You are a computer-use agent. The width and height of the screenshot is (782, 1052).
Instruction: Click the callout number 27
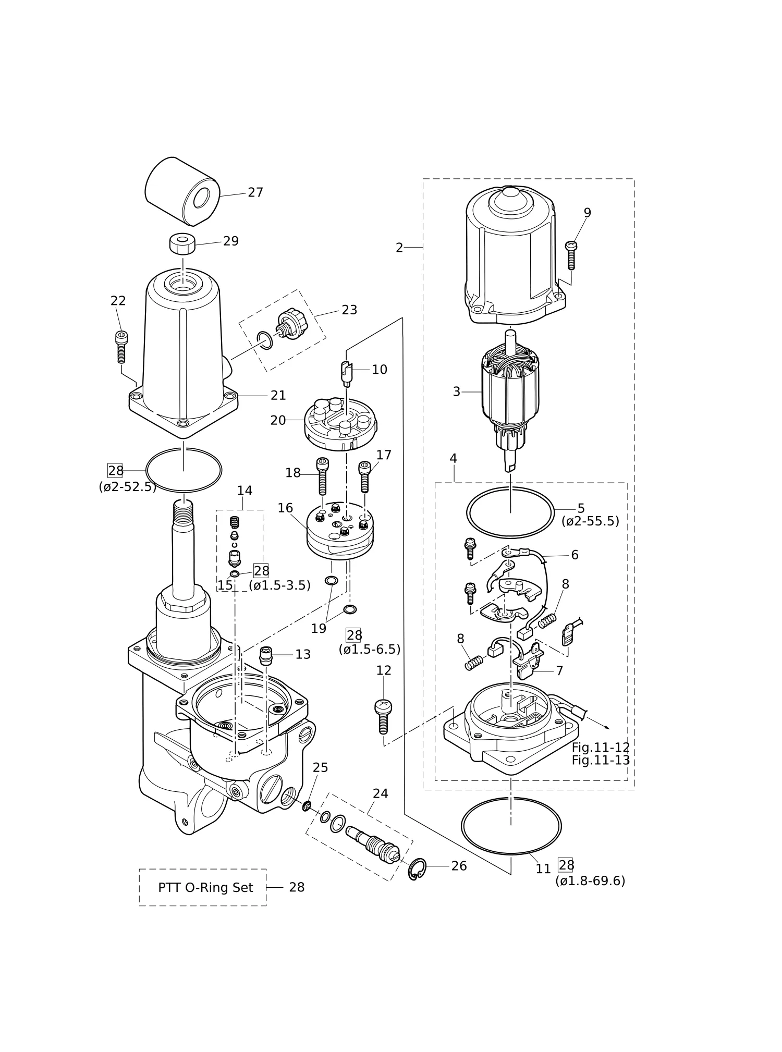[255, 193]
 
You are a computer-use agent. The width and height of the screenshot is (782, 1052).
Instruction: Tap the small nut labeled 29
[182, 244]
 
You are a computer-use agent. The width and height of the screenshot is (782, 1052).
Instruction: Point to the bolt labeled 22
[121, 347]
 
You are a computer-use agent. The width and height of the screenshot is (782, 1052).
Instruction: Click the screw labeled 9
[571, 255]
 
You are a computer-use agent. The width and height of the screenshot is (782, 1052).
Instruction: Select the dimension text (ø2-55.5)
[590, 521]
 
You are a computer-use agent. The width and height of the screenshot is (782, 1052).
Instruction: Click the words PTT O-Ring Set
[205, 887]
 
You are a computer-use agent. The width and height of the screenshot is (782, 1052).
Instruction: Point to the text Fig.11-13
[601, 760]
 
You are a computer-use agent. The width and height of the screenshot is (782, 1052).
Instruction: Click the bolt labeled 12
[383, 716]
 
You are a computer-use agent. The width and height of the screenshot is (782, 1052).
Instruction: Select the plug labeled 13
[266, 655]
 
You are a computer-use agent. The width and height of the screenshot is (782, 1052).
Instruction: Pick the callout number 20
[278, 420]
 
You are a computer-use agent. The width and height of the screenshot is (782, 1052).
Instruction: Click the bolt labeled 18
[323, 476]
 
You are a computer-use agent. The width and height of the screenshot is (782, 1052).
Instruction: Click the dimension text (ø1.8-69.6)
[590, 881]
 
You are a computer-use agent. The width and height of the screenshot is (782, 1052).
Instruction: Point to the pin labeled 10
[347, 373]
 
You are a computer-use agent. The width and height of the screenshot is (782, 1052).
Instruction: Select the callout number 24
[381, 793]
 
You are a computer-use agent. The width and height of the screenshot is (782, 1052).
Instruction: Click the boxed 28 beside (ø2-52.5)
[115, 471]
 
